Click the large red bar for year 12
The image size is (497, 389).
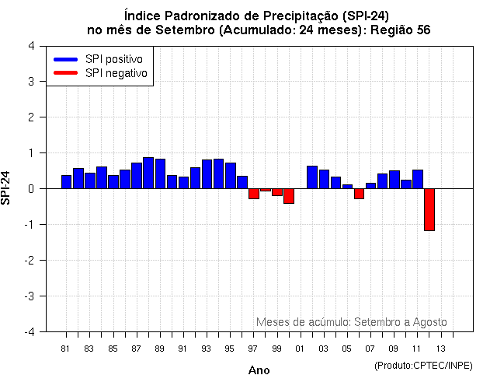tap(429, 209)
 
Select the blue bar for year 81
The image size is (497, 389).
tap(67, 182)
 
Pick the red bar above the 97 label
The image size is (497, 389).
tap(254, 194)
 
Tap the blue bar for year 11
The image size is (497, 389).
tap(417, 179)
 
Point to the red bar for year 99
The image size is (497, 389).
tap(277, 192)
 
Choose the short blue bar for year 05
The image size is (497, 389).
tap(347, 187)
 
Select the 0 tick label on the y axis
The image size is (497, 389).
tap(30, 188)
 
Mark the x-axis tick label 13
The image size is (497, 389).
tap(440, 349)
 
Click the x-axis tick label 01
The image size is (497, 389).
tap(301, 349)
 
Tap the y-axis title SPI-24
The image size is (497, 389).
tap(6, 187)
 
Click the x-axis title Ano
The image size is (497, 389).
tap(259, 370)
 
